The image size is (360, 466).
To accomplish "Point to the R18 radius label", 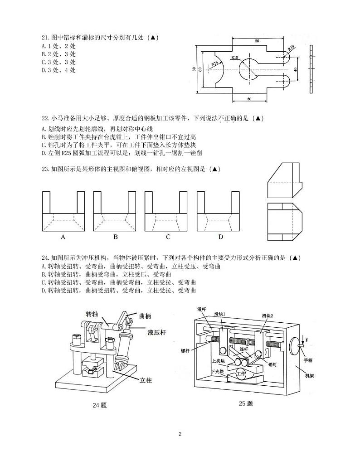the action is click(234, 58).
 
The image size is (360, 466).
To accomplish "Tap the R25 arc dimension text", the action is click(214, 63).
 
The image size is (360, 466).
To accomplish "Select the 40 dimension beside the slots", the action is click(295, 69).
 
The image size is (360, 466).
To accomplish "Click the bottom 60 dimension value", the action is click(249, 99).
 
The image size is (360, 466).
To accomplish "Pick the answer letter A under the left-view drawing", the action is click(63, 237).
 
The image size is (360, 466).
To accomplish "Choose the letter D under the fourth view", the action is click(220, 237).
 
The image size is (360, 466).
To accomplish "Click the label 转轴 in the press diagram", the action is click(92, 314).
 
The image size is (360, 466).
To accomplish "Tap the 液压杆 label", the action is click(157, 332).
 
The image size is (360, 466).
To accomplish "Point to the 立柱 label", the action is click(146, 380).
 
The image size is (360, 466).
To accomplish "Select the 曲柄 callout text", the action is click(145, 316).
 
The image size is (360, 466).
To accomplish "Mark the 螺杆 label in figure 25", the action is click(185, 351).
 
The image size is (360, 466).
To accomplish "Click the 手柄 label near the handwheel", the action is click(308, 360).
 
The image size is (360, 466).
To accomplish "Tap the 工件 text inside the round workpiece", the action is click(241, 373).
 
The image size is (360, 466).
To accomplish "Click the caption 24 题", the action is click(100, 405).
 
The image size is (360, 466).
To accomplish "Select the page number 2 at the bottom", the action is click(180, 434).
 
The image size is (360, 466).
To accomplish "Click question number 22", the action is click(46, 118).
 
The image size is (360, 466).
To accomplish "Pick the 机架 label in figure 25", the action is click(310, 376).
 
